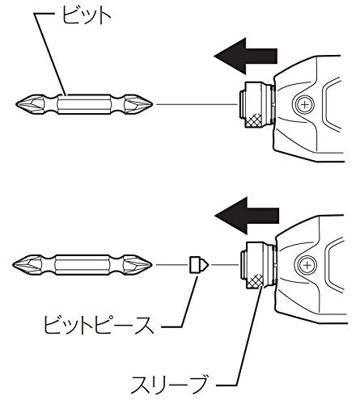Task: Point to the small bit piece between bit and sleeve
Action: click(x=197, y=265)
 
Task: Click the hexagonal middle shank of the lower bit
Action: click(x=86, y=265)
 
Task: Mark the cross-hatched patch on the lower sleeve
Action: click(x=257, y=280)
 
